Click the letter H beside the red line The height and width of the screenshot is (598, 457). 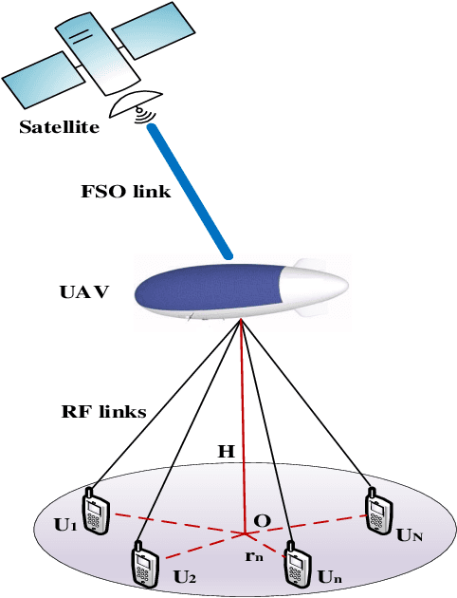(225, 452)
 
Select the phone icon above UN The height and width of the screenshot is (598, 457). (377, 512)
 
